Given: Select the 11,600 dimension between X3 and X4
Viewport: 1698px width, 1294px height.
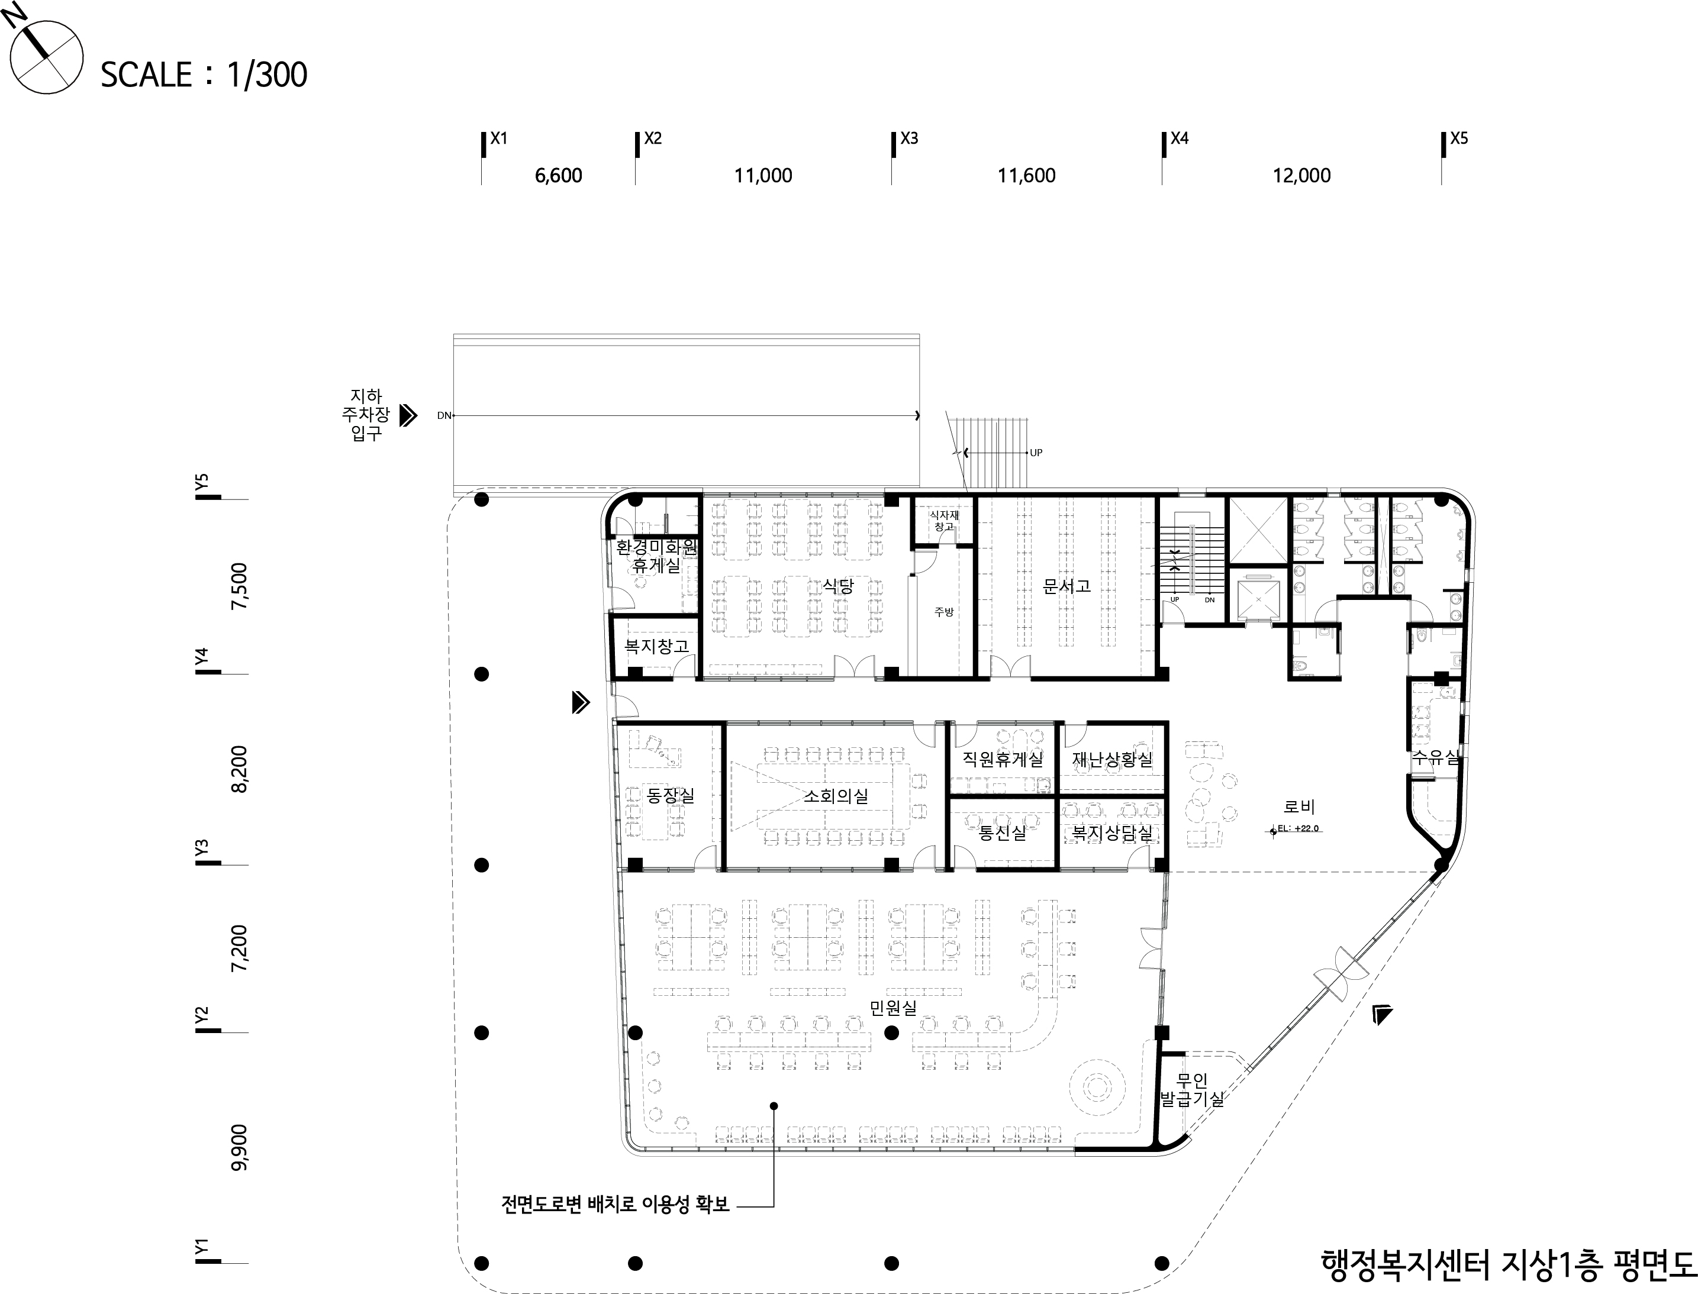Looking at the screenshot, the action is tap(1026, 176).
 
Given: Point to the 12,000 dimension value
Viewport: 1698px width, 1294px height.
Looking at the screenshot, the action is tap(1301, 176).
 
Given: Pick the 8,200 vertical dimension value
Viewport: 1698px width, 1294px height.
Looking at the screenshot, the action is tap(240, 769).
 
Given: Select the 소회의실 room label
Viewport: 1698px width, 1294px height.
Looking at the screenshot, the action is tap(835, 796).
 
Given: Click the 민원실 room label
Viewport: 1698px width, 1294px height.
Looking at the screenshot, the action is tap(893, 1008).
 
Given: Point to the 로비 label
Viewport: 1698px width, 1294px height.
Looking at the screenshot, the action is tap(1299, 806).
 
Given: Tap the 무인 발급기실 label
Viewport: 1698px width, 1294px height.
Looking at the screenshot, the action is tap(1192, 1090).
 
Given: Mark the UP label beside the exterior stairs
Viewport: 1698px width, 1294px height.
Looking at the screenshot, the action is tap(1036, 453).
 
